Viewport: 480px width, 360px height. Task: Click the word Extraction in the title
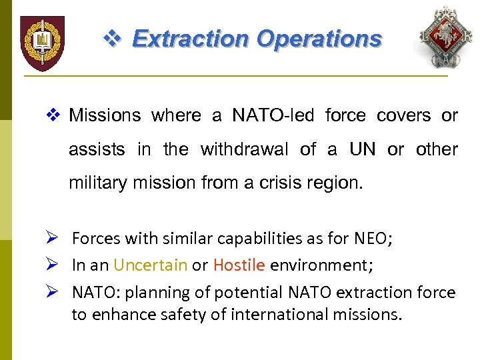[x=191, y=39]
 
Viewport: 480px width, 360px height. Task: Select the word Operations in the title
[x=319, y=39]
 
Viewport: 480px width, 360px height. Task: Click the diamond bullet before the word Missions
[x=56, y=116]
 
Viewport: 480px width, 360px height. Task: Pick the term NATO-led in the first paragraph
[x=273, y=116]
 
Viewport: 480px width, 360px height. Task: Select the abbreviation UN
[x=362, y=149]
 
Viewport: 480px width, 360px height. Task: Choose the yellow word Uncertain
[x=150, y=265]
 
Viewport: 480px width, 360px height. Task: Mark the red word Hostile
[x=239, y=265]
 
